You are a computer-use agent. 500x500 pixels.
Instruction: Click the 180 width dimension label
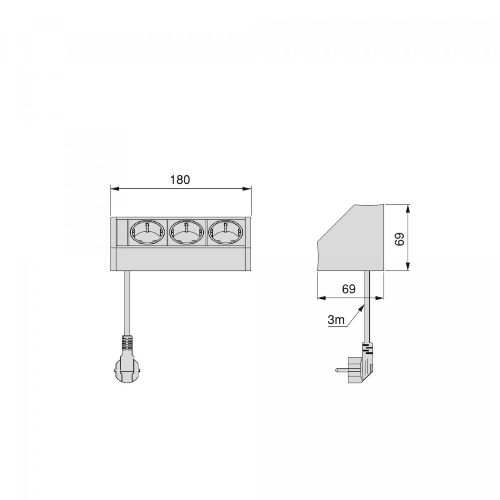click(x=180, y=180)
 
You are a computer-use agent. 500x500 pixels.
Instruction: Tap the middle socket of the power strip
click(x=186, y=232)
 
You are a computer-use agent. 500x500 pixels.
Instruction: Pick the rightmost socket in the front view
click(x=225, y=232)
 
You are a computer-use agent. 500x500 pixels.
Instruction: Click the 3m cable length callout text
click(x=336, y=320)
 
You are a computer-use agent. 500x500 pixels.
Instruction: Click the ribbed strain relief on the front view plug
click(x=126, y=343)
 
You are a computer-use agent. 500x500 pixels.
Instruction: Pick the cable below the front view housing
click(x=126, y=300)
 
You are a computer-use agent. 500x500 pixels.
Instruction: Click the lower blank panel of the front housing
click(x=181, y=259)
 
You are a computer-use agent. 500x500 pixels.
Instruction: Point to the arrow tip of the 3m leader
click(x=362, y=306)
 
